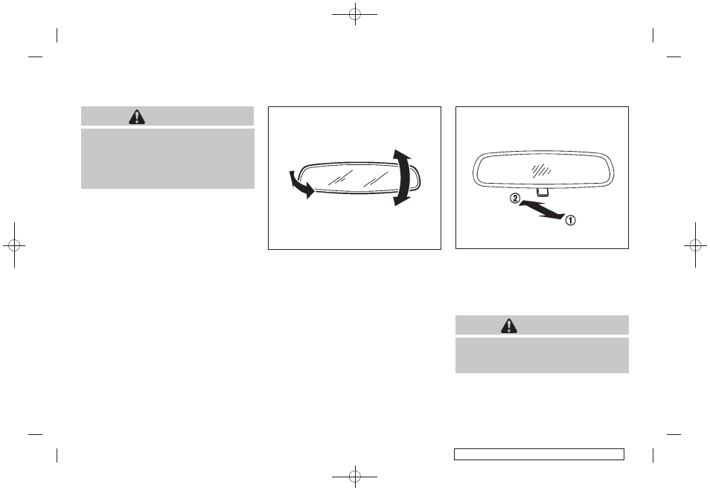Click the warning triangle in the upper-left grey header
[x=137, y=117]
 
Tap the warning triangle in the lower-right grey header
[x=509, y=326]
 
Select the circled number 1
[x=571, y=220]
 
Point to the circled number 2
[x=515, y=199]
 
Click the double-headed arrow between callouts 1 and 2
[x=542, y=210]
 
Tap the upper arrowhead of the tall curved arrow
[x=402, y=155]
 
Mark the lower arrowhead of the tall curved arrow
[x=402, y=199]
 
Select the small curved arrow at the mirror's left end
[x=301, y=184]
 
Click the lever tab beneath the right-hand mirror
[x=542, y=193]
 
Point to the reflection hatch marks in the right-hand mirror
[x=541, y=170]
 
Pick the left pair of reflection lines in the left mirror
[x=339, y=178]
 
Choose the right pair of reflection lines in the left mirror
[x=375, y=179]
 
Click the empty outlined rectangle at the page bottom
[x=539, y=454]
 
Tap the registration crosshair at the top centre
[x=355, y=14]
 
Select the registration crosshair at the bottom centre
[x=355, y=476]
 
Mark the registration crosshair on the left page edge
[x=14, y=245]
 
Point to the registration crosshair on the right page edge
[x=696, y=245]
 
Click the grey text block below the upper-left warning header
[x=167, y=158]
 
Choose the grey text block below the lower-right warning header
[x=542, y=355]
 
